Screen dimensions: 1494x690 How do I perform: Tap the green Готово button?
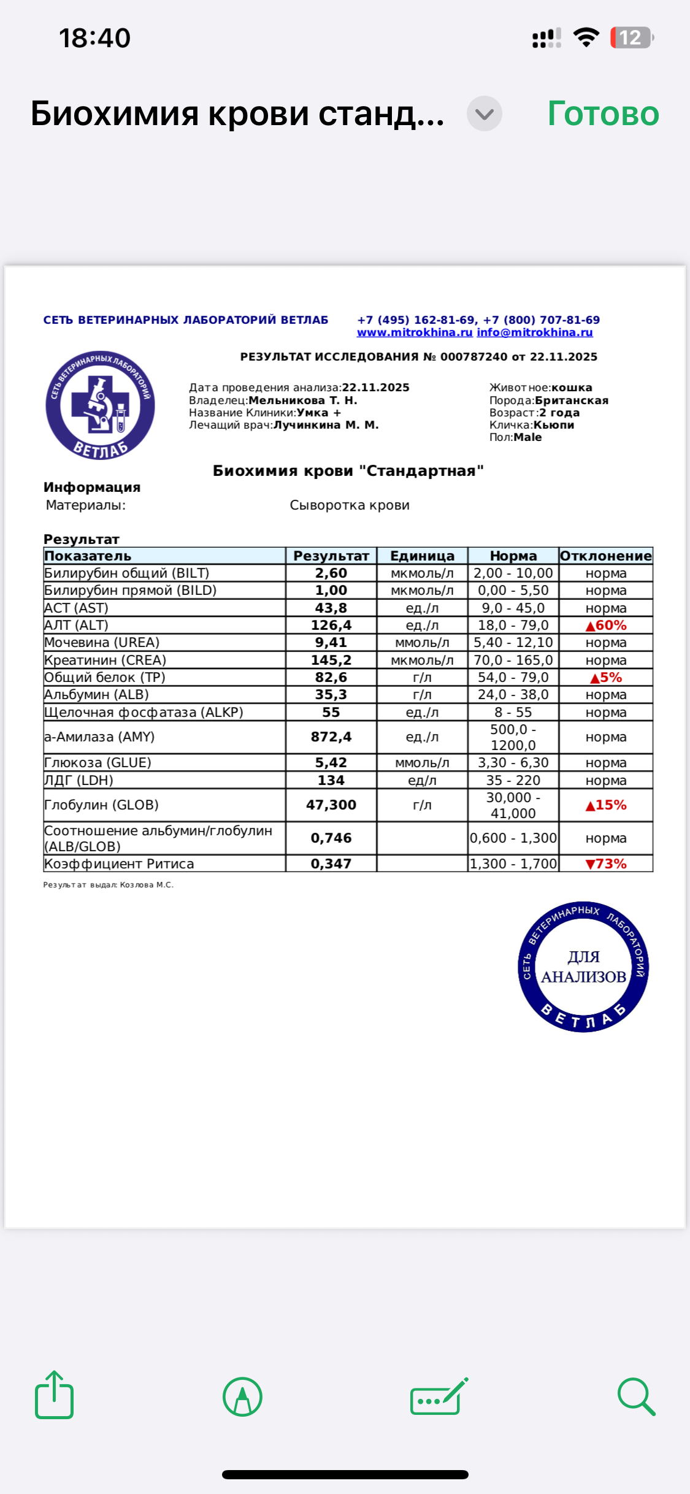coord(603,114)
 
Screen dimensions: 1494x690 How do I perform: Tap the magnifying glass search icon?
coord(636,1396)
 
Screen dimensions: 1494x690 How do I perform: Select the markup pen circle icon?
coord(242,1396)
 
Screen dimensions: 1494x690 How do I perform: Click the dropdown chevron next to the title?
coord(485,114)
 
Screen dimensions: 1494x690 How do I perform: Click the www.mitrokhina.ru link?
coord(415,332)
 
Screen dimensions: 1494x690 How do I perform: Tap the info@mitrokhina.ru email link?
coord(535,332)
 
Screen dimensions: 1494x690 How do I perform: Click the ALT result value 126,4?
coord(331,625)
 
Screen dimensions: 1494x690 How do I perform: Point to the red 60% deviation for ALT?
coord(606,625)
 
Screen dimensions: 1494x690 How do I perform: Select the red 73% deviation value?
coord(606,864)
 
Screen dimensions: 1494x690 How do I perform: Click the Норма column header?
coord(513,556)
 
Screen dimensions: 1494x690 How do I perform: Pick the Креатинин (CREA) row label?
coord(105,660)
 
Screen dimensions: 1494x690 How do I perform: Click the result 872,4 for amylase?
coord(331,737)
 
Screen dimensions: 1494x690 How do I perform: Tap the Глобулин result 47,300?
coord(331,805)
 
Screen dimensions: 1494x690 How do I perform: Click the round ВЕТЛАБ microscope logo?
coord(100,405)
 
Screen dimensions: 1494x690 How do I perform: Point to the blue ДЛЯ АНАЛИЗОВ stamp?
coord(583,967)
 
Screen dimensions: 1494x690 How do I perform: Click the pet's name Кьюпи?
coord(554,425)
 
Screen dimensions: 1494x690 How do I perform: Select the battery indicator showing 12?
coord(631,38)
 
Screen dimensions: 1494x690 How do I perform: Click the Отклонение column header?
coord(606,556)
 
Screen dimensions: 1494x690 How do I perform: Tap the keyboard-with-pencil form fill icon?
coord(438,1396)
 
